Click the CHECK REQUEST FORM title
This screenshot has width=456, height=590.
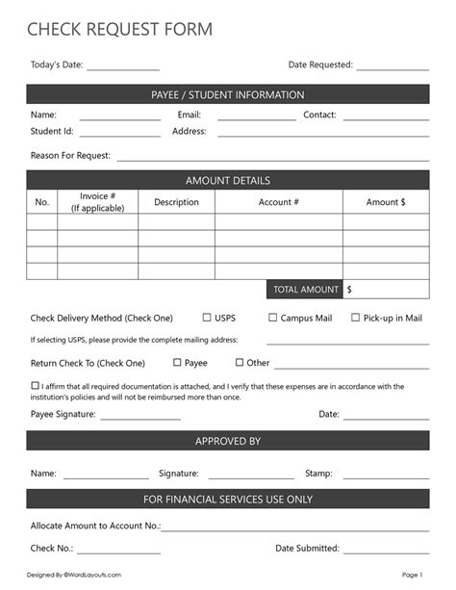tap(120, 30)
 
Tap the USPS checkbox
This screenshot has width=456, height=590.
tap(207, 317)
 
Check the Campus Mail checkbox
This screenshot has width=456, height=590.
tap(272, 317)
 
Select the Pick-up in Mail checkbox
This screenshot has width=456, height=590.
tap(355, 317)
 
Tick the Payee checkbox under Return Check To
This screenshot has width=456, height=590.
tap(177, 363)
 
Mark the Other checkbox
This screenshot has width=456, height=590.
tap(241, 363)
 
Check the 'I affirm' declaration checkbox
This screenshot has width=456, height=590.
tap(35, 386)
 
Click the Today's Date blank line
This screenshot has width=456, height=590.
tap(123, 67)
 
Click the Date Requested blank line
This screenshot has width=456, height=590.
tap(393, 67)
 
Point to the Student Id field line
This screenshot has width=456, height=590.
tap(119, 134)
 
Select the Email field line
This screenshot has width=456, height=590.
tap(257, 117)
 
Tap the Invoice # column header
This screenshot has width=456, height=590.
tap(98, 202)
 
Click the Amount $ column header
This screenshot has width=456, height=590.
tap(386, 202)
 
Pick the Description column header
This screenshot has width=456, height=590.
tap(176, 202)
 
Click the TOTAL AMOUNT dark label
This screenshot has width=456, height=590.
tap(305, 289)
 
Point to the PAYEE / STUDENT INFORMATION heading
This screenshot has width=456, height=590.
tap(228, 94)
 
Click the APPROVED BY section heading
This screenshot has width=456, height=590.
tap(228, 441)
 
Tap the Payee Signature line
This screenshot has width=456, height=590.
tap(139, 417)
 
